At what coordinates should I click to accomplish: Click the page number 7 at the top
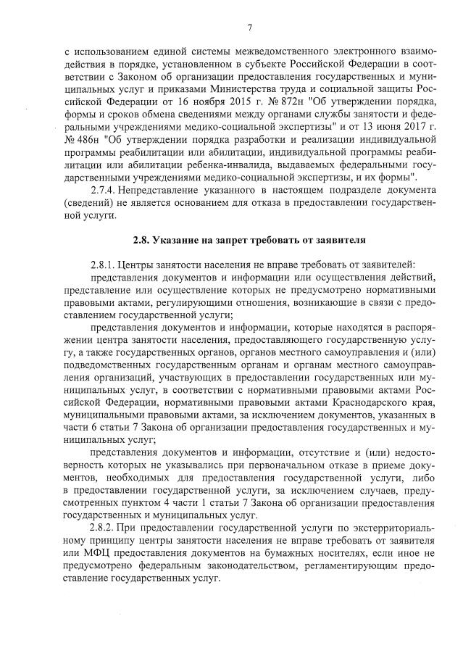tap(249, 28)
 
